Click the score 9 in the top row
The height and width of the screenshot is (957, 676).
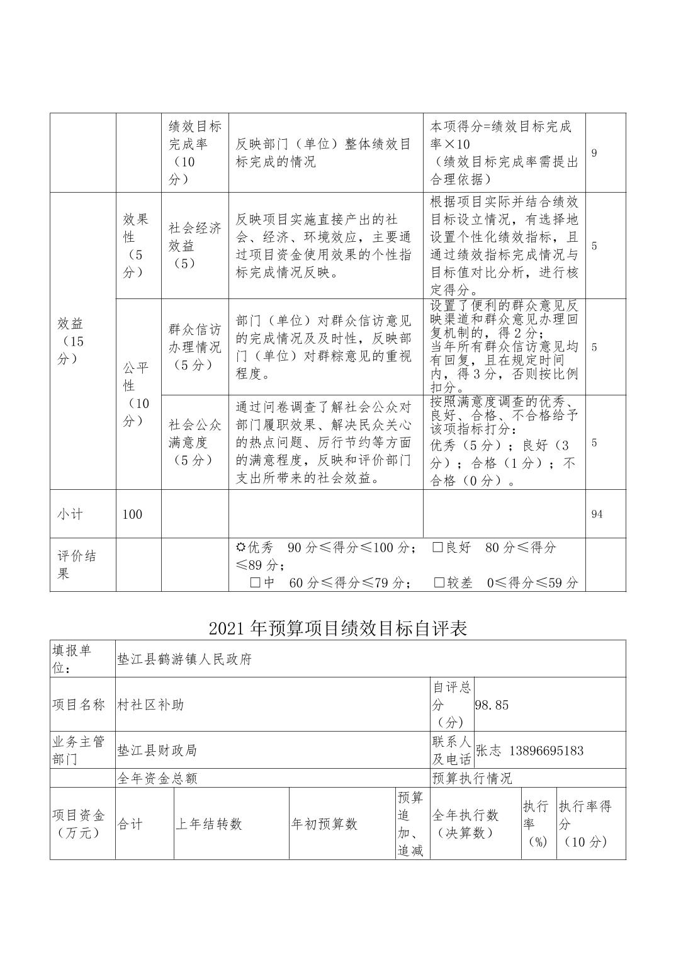(594, 153)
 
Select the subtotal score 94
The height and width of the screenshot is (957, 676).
(597, 514)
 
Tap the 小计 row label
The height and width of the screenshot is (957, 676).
(70, 514)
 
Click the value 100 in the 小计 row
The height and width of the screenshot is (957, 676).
(132, 514)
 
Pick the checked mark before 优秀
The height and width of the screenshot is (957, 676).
(240, 547)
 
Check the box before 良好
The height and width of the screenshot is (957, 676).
(438, 547)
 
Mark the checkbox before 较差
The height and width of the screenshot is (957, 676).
(439, 582)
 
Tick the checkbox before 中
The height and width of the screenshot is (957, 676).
(255, 582)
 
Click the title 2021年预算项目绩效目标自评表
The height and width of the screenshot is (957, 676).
(338, 628)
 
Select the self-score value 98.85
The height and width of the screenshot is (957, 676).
(492, 705)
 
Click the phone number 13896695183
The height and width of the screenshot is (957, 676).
(546, 750)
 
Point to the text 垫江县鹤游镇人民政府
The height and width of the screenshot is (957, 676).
(184, 659)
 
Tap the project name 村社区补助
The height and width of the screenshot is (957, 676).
(151, 705)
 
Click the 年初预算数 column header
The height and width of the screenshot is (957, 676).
(324, 824)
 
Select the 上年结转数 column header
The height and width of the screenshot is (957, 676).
(208, 824)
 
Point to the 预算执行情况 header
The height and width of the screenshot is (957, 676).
(472, 778)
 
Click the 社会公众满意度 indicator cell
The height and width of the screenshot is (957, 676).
(195, 442)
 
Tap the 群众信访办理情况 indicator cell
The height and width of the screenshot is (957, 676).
(195, 347)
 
